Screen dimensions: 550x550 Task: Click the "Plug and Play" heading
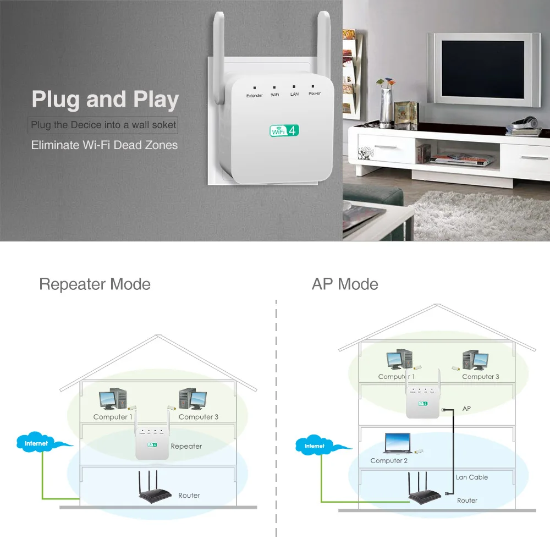tap(105, 100)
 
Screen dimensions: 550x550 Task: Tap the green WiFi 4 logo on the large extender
tap(284, 130)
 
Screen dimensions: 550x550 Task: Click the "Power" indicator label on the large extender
tap(314, 94)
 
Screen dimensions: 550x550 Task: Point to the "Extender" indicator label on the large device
tap(254, 96)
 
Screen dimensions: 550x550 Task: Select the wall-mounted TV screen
tap(483, 68)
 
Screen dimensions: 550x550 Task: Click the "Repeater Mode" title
tap(95, 284)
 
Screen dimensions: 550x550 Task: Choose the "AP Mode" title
tap(345, 284)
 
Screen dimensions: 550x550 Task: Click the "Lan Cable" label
tap(471, 477)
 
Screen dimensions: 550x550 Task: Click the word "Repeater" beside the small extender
tap(186, 446)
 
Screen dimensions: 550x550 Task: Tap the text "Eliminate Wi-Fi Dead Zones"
tap(105, 145)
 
